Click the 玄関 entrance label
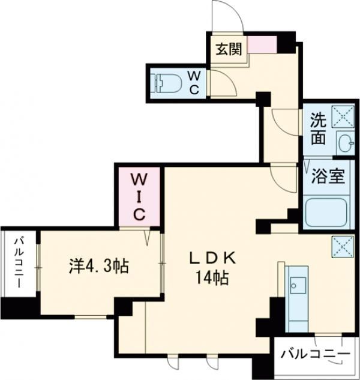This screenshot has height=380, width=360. (229, 49)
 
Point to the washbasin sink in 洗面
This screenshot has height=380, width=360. (344, 142)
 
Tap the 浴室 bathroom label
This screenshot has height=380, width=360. (327, 177)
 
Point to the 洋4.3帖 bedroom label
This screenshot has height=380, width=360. (98, 265)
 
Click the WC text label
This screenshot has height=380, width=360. (196, 82)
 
